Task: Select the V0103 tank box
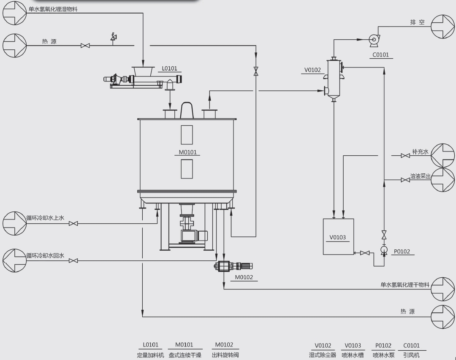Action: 339,237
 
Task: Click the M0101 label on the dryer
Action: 187,152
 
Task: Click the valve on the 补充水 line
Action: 405,156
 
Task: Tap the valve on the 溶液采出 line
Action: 405,180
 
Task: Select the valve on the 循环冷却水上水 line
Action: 73,224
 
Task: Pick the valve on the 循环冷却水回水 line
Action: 73,261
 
